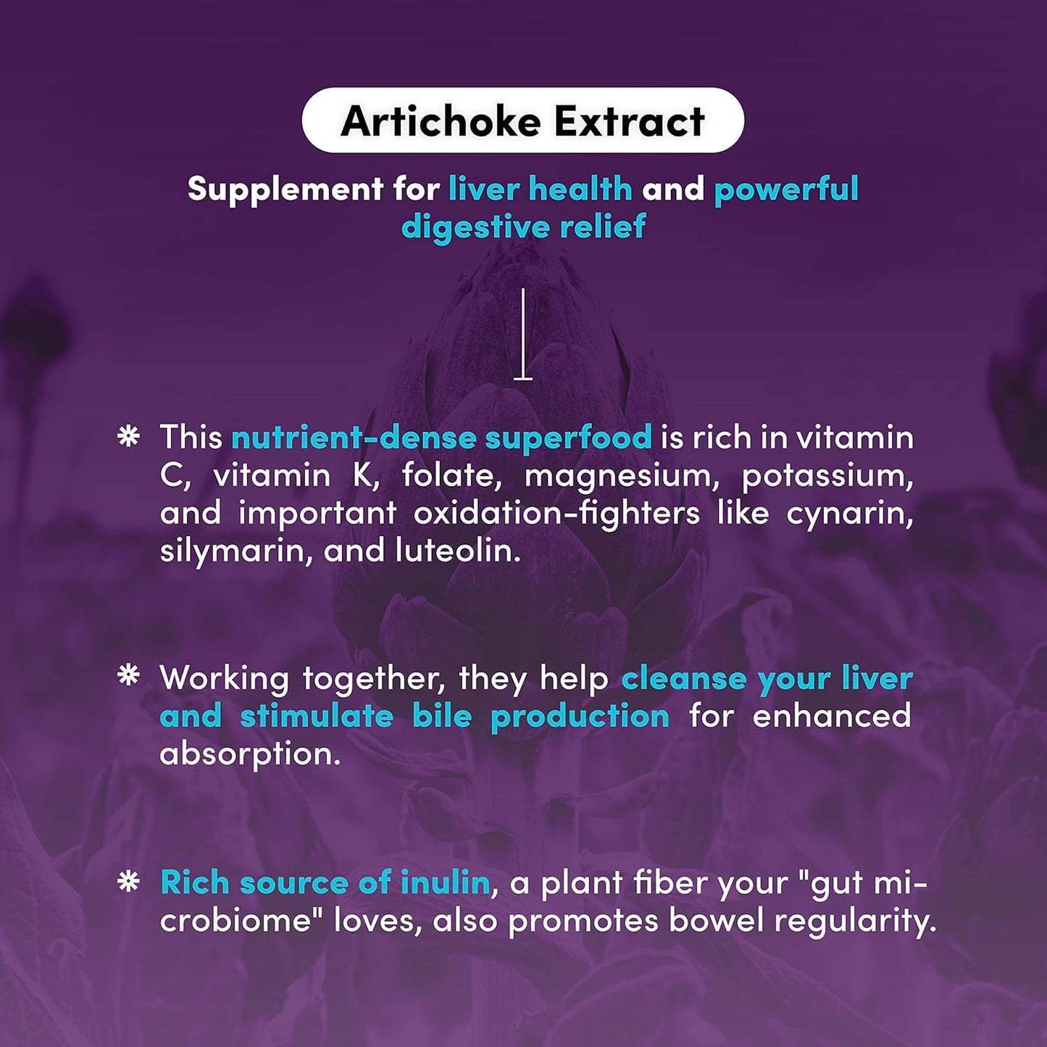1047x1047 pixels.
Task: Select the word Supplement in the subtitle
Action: point(285,189)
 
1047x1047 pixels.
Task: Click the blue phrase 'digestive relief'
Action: point(523,227)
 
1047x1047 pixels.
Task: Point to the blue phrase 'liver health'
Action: point(540,189)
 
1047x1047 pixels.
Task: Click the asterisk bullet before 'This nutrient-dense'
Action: point(128,436)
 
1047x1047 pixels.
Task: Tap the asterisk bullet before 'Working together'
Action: point(128,675)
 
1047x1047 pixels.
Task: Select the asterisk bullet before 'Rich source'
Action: point(128,881)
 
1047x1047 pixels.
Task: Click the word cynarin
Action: point(849,514)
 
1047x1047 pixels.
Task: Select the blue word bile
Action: point(442,716)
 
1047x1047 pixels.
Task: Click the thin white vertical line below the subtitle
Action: point(523,333)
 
